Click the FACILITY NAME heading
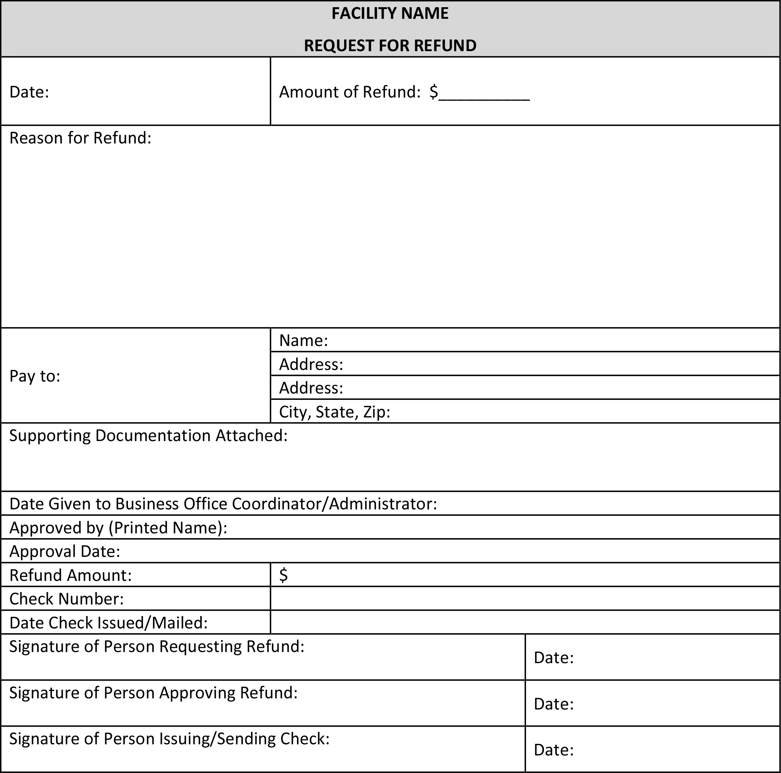[390, 14]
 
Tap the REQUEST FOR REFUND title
[390, 46]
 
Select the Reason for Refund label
[80, 138]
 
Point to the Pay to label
[35, 376]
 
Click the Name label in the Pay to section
[303, 341]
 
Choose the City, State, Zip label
[334, 412]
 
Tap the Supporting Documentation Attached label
[148, 436]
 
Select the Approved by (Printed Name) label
[118, 528]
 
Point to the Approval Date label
[65, 552]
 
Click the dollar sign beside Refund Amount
[283, 575]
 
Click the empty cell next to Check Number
[524, 598]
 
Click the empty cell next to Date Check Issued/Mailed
[524, 622]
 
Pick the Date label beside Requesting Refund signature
[554, 658]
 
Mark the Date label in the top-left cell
[29, 92]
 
